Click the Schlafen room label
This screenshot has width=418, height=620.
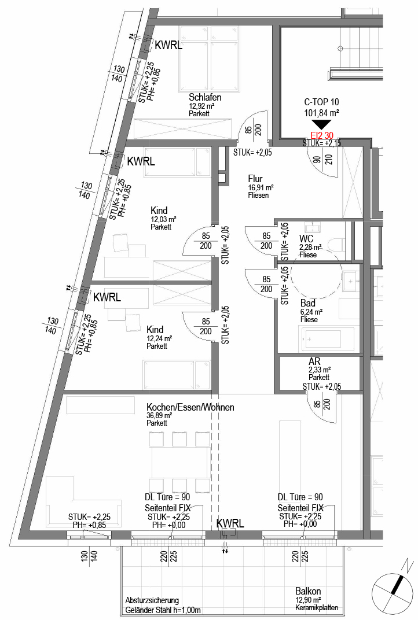click(204, 97)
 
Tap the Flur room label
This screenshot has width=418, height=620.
click(255, 179)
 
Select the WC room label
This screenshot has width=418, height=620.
click(306, 238)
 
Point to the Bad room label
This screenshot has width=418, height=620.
click(307, 303)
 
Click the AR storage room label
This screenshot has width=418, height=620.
click(314, 361)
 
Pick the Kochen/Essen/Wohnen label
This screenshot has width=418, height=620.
click(190, 407)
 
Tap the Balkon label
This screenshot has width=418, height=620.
click(308, 592)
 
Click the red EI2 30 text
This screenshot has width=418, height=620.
click(321, 136)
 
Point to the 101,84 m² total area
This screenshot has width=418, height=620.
click(321, 113)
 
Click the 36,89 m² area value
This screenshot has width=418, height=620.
click(159, 416)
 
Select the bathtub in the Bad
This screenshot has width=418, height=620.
click(320, 339)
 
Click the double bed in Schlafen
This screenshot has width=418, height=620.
click(210, 58)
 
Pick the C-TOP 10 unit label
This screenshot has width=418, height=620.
click(321, 102)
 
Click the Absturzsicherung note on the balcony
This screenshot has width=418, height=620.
click(152, 601)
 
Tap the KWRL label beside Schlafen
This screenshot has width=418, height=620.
click(168, 46)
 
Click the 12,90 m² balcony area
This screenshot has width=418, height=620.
click(308, 600)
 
